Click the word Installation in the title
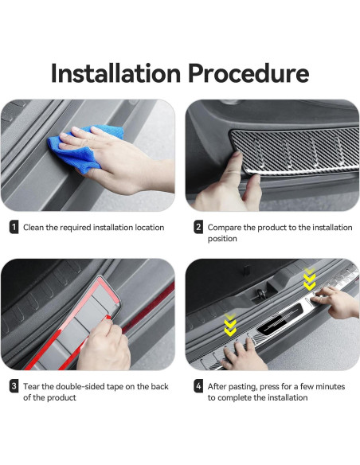(x=116, y=73)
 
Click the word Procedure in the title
(x=248, y=73)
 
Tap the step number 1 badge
(x=14, y=227)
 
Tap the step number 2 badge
(x=198, y=227)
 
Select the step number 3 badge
(x=14, y=386)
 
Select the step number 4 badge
(x=198, y=386)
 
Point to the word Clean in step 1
(x=33, y=228)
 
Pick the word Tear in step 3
(x=31, y=386)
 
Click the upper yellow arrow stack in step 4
(x=309, y=279)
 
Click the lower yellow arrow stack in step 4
(x=230, y=325)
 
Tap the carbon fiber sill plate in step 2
(x=295, y=151)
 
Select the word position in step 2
(x=222, y=239)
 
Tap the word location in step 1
(x=150, y=228)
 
